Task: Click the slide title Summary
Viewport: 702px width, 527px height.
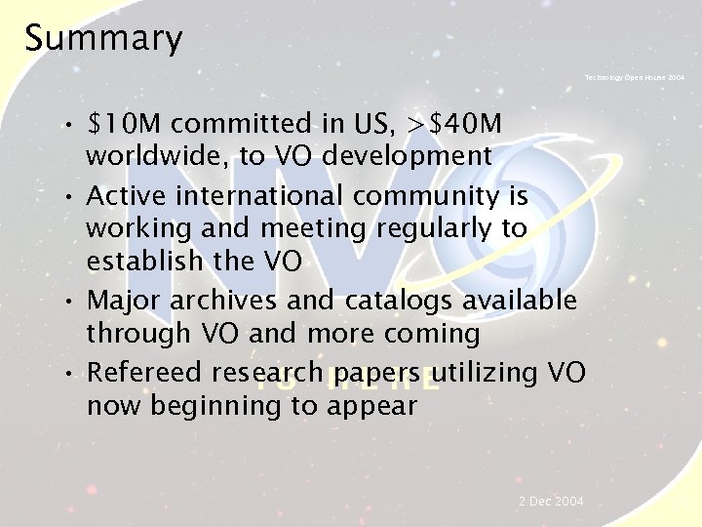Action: (103, 39)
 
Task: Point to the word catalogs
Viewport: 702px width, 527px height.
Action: (399, 301)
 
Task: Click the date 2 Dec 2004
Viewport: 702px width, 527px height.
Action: (551, 501)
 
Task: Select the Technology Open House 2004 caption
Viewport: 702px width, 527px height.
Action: (635, 76)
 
